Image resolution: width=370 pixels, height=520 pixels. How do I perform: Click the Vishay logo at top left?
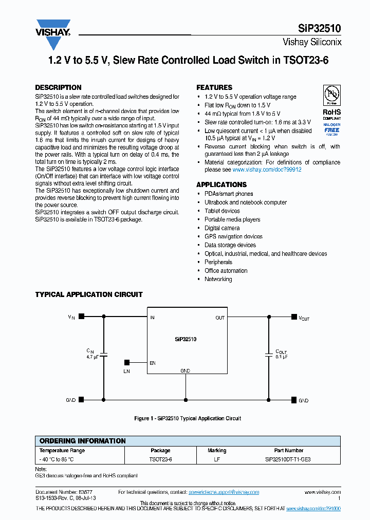[52, 33]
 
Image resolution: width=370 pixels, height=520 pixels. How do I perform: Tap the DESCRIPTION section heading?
[58, 87]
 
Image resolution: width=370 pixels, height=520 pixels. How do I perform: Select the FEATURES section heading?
[214, 87]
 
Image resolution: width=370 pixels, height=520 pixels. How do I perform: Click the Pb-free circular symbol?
[331, 95]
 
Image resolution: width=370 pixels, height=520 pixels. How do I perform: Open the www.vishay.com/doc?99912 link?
[267, 169]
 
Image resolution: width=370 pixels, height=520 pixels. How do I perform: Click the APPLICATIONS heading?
[221, 184]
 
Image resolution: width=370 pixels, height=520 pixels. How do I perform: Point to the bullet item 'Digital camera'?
[222, 228]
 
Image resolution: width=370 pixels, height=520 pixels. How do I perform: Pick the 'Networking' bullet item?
[218, 279]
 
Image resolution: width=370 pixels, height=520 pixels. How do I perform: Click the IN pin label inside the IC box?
[153, 318]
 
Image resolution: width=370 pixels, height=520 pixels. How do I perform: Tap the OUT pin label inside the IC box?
[220, 318]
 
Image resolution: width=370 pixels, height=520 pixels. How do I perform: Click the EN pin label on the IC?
[153, 363]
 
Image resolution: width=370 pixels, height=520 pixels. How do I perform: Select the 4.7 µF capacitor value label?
[92, 356]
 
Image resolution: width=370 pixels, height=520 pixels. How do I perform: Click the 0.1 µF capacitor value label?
[281, 356]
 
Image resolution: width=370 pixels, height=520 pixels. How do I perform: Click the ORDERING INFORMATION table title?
[82, 441]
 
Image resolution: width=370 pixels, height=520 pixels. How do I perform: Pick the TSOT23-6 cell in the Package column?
[160, 459]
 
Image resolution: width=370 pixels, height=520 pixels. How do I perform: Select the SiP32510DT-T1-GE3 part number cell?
[288, 459]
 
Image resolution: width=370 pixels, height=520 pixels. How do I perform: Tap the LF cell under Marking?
[217, 459]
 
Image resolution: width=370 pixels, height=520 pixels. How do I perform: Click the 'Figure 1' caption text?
[188, 418]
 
